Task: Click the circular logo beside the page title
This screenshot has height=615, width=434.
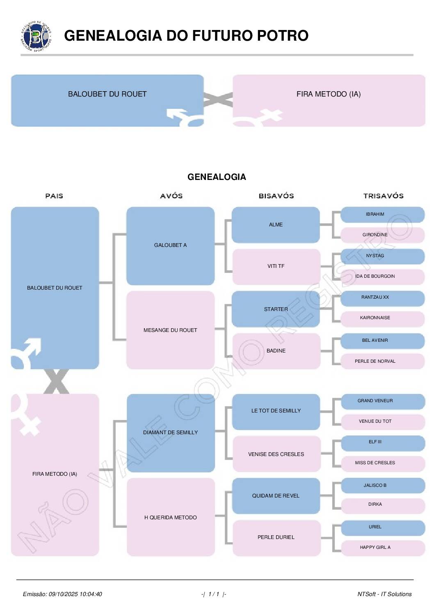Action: click(37, 36)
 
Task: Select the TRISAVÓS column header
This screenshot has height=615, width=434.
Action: click(383, 196)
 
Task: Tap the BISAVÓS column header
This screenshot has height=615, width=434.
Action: click(276, 196)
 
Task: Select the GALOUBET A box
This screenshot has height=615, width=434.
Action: click(170, 245)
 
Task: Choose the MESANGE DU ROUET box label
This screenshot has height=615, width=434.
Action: click(170, 330)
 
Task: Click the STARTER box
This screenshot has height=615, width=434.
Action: click(276, 309)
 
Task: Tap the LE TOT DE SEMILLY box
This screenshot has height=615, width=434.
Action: click(276, 411)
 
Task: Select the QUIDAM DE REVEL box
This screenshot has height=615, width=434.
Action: click(276, 496)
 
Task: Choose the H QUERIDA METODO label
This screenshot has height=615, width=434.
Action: click(170, 518)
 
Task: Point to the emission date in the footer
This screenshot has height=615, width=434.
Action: click(62, 594)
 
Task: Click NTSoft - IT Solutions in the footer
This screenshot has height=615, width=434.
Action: click(384, 594)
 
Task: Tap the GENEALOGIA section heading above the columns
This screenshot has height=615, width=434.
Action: click(217, 177)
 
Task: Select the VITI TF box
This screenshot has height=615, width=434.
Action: click(276, 266)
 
